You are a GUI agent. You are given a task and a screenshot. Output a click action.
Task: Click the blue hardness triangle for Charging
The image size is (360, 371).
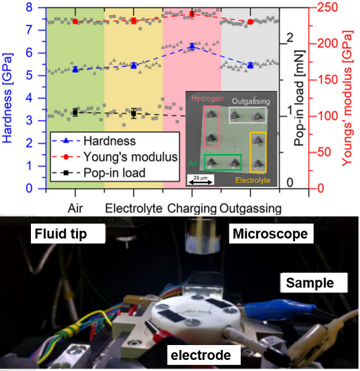pyautogui.click(x=192, y=46)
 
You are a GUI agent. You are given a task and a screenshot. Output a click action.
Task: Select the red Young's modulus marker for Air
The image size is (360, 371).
pyautogui.click(x=75, y=22)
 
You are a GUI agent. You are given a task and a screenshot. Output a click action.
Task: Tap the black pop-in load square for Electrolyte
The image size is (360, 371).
pyautogui.click(x=134, y=113)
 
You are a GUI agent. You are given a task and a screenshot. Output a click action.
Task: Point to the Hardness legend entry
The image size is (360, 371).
pyautogui.click(x=94, y=141)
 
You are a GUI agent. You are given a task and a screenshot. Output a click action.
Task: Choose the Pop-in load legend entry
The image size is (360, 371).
pyautogui.click(x=98, y=173)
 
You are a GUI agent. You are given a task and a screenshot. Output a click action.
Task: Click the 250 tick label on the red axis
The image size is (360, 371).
pyautogui.click(x=327, y=7)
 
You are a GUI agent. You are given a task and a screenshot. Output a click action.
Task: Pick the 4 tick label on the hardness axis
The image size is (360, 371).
pyautogui.click(x=29, y=98)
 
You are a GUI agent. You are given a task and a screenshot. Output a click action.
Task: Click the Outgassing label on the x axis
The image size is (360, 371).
pyautogui.click(x=251, y=209)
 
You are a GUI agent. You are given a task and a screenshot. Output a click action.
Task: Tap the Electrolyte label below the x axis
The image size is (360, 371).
pyautogui.click(x=134, y=208)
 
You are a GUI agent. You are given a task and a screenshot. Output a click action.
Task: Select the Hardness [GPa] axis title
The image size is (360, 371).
pyautogui.click(x=7, y=98)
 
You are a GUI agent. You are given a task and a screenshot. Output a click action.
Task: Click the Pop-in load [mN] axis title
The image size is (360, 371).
pyautogui.click(x=299, y=98)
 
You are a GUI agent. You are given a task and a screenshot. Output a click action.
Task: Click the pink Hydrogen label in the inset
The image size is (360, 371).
pyautogui.click(x=207, y=98)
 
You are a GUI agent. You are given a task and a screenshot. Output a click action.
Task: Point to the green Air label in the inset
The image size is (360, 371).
pyautogui.click(x=193, y=163)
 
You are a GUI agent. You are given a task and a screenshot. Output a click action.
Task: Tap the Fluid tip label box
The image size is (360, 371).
pyautogui.click(x=68, y=234)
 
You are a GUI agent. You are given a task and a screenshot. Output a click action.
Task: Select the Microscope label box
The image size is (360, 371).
pyautogui.click(x=271, y=234)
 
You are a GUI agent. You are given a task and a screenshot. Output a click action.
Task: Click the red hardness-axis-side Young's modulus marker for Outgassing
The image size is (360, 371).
pyautogui.click(x=251, y=22)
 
